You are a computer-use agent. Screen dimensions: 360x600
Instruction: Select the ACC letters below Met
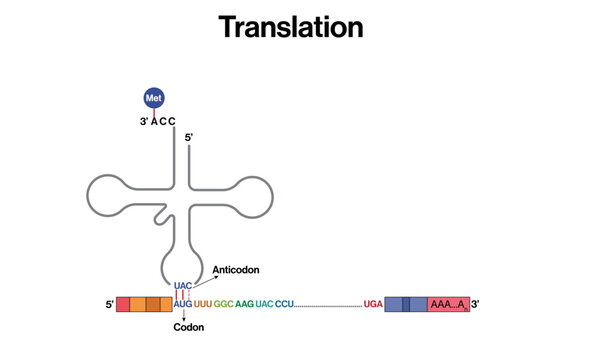tap(163, 121)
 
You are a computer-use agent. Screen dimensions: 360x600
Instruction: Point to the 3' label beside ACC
tap(144, 121)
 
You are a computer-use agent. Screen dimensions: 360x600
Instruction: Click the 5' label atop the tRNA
tap(189, 137)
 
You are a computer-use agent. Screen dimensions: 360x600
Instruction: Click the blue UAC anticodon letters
tap(182, 286)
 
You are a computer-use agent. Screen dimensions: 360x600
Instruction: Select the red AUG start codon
tap(182, 303)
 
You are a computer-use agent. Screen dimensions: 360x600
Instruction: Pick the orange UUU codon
tap(202, 303)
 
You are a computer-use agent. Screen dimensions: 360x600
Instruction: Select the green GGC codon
tap(223, 303)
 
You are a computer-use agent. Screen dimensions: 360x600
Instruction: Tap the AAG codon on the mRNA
tap(244, 303)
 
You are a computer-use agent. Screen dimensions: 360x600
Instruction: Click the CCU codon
tap(284, 303)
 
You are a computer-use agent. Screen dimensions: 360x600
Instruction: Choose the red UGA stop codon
tap(373, 303)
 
